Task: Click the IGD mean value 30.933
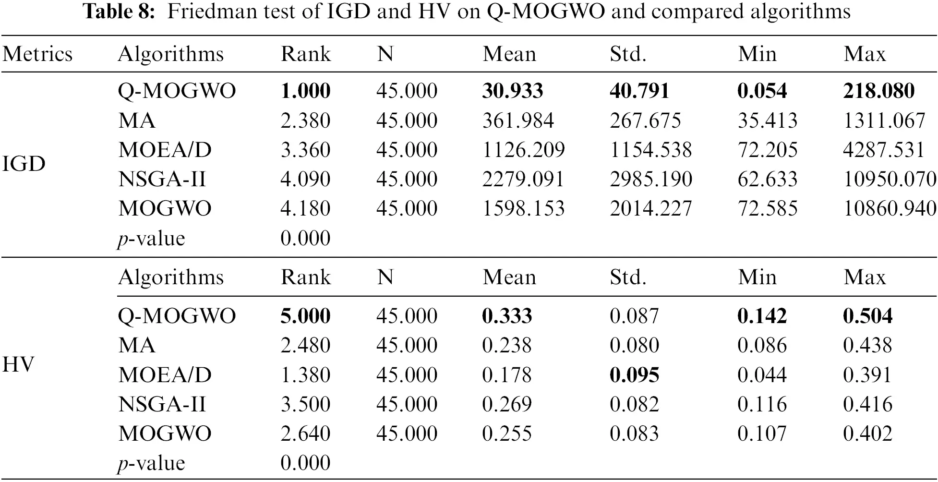[512, 91]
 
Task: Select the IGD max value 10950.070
[890, 179]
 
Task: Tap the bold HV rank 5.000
[305, 316]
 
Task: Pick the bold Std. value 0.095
[634, 375]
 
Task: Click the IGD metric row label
[24, 164]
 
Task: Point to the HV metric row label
[19, 365]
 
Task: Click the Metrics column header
[37, 54]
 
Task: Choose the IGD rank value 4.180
[305, 208]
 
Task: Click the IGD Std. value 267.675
[645, 120]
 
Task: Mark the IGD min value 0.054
[762, 91]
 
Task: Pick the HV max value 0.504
[867, 316]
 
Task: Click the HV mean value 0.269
[507, 404]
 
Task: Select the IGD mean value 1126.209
[523, 150]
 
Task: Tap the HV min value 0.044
[762, 375]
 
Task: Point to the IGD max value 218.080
[878, 91]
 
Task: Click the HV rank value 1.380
[305, 375]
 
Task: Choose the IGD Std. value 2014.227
[650, 208]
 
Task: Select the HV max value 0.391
[867, 375]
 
